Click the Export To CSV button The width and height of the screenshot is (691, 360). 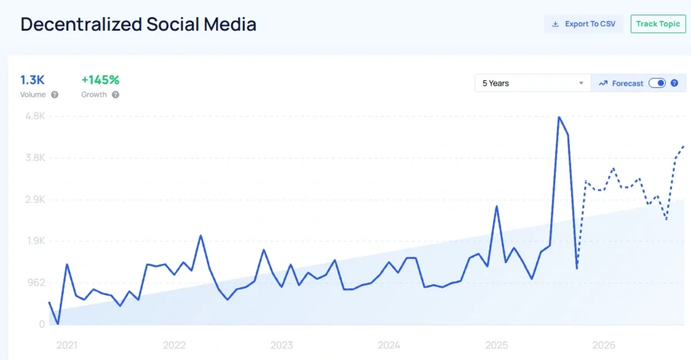(x=583, y=24)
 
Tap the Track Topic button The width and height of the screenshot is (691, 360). (x=658, y=24)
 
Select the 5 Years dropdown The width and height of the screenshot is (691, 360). (x=533, y=83)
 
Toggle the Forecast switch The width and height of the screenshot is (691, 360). (x=657, y=83)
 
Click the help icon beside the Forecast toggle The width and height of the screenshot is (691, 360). (x=674, y=83)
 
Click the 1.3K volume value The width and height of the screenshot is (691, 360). (x=32, y=80)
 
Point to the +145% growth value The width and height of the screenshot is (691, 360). (x=100, y=80)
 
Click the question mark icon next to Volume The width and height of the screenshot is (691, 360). (x=55, y=95)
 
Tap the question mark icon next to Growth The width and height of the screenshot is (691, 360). (x=115, y=95)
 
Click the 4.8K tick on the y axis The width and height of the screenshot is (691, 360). (x=35, y=116)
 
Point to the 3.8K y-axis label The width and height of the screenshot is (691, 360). (x=35, y=158)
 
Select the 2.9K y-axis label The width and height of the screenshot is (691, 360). (x=35, y=200)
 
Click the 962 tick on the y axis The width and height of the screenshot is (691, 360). (x=37, y=283)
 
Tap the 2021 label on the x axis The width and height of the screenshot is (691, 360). (x=67, y=346)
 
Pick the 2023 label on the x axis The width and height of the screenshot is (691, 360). (x=282, y=346)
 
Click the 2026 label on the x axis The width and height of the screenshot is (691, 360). (x=604, y=346)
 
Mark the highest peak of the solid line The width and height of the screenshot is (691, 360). (x=559, y=117)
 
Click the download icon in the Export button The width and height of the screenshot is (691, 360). (x=556, y=24)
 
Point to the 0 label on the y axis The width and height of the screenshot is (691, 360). (x=42, y=325)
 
